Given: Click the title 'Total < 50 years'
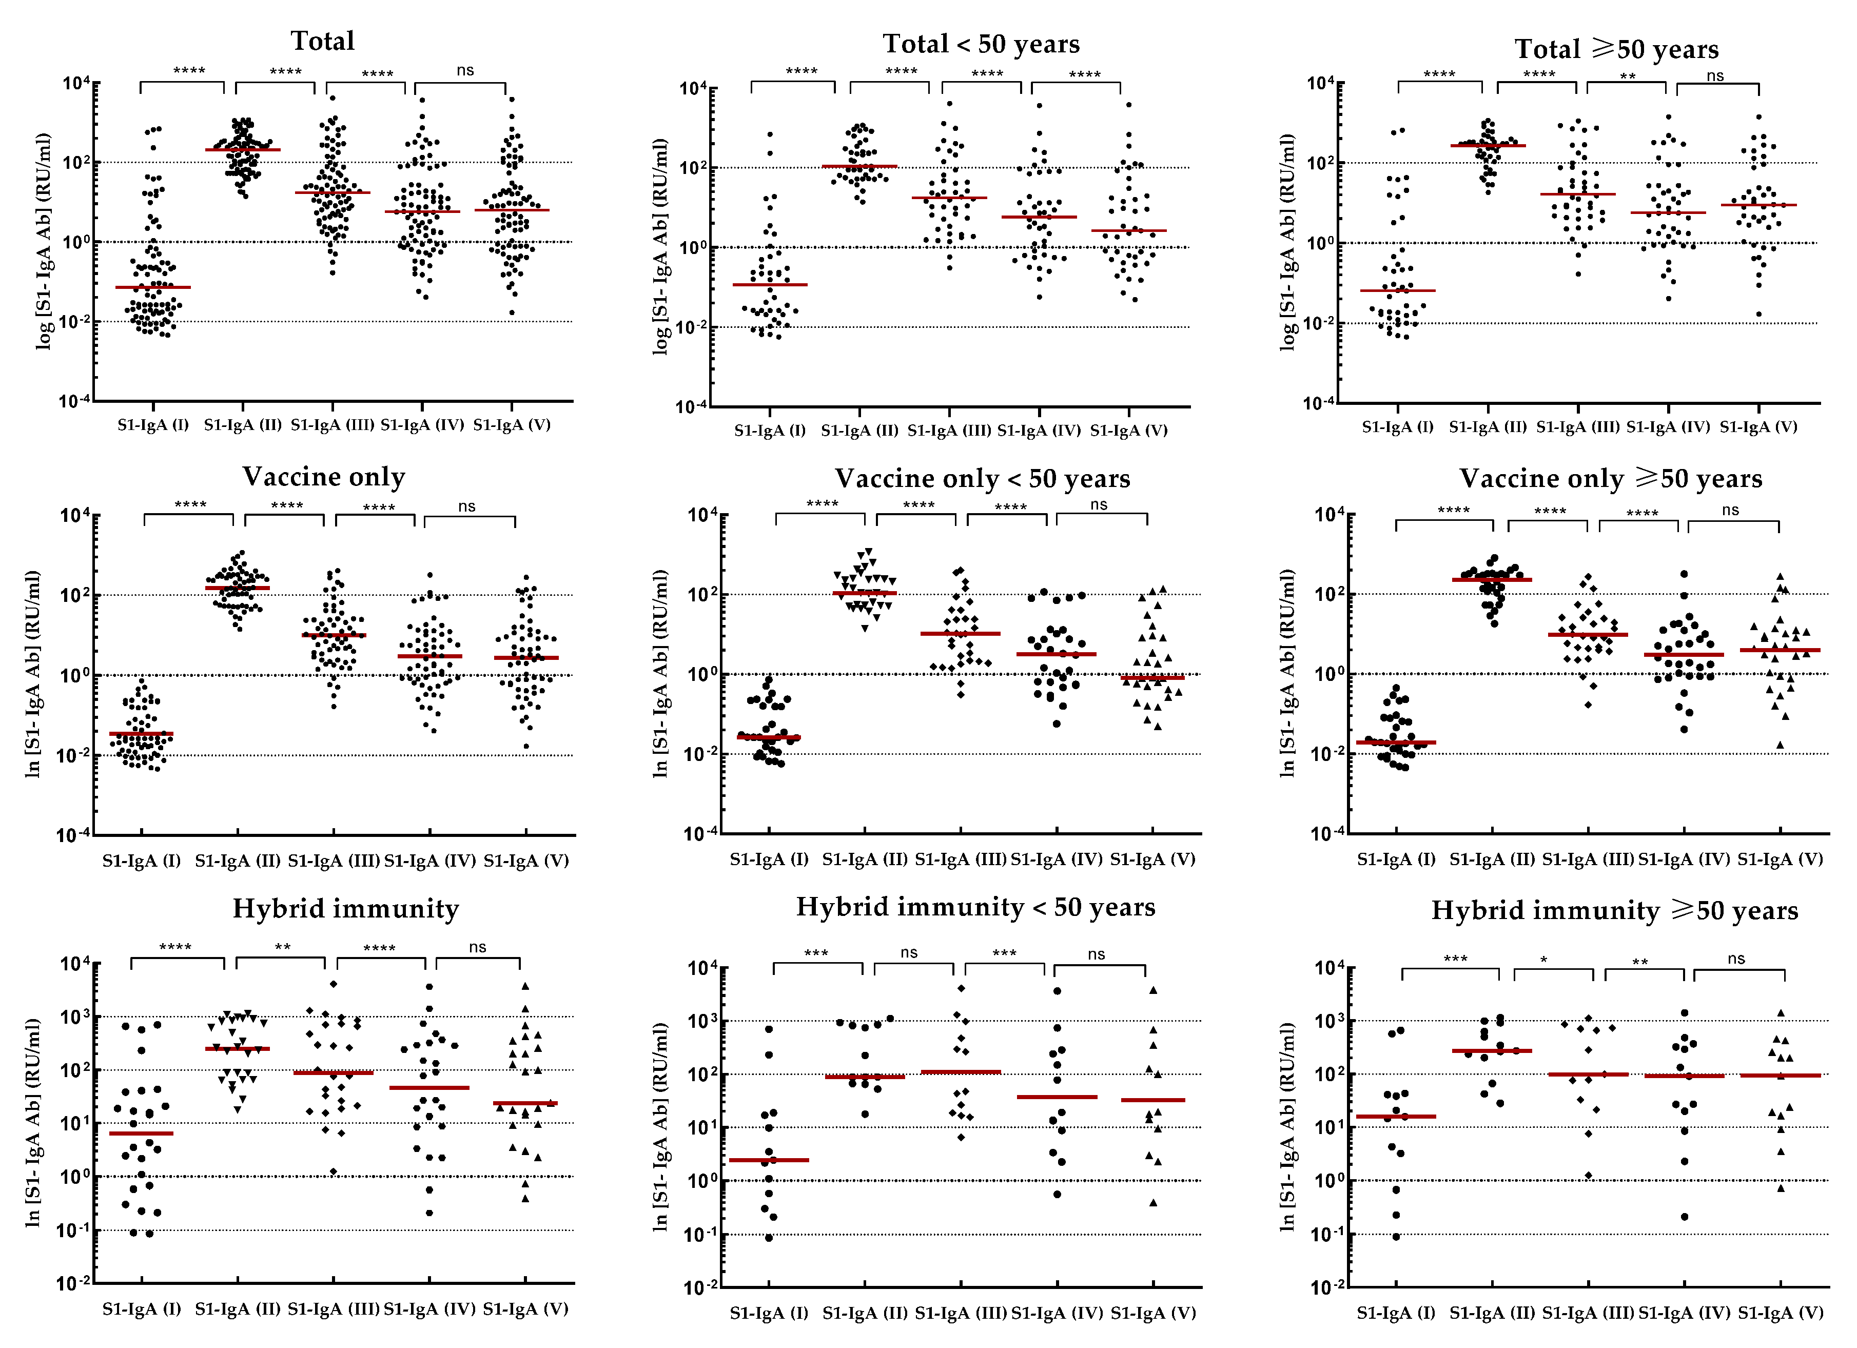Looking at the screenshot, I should (981, 44).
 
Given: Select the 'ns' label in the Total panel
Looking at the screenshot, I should (465, 70).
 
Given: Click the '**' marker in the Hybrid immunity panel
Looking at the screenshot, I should (283, 948).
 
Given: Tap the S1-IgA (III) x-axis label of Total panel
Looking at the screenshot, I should (333, 424).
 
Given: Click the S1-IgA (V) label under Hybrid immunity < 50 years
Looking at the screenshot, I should (1153, 1313).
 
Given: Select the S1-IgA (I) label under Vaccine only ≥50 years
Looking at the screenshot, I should (1396, 859).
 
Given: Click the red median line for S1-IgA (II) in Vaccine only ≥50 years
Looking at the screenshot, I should (1492, 580).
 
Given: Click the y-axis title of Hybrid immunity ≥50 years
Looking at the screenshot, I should (1287, 1126).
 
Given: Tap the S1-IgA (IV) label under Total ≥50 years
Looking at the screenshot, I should (1668, 427).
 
